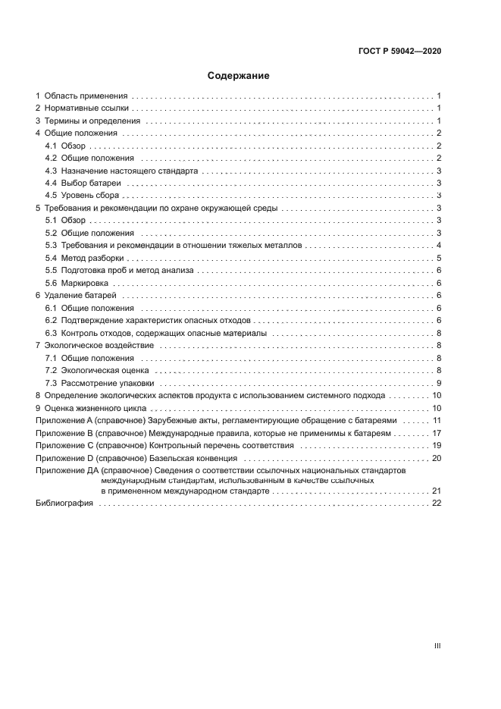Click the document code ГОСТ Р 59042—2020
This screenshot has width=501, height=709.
point(399,52)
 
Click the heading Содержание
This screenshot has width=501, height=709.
point(239,76)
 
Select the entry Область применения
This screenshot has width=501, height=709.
point(86,96)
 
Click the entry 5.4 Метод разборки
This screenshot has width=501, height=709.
point(92,258)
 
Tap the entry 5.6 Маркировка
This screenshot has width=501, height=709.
point(86,283)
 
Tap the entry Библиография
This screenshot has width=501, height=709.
point(64,504)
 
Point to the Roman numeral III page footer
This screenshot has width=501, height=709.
point(437,646)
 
